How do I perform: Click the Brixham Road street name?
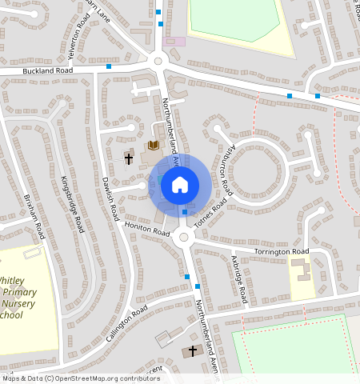point(34,216)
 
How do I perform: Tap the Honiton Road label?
point(147,229)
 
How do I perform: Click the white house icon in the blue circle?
point(180,185)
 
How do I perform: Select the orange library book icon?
point(154,146)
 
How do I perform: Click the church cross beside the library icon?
point(128,158)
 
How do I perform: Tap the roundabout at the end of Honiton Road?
point(183,237)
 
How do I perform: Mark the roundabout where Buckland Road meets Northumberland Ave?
point(158,61)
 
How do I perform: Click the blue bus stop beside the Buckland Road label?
point(109,66)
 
